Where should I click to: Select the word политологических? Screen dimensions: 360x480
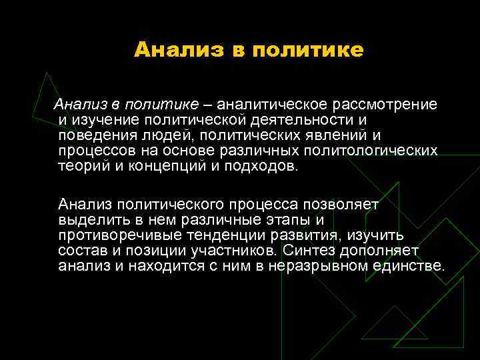(371, 151)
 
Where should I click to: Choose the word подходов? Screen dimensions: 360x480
(259, 166)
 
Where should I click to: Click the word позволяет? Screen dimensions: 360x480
(341, 204)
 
